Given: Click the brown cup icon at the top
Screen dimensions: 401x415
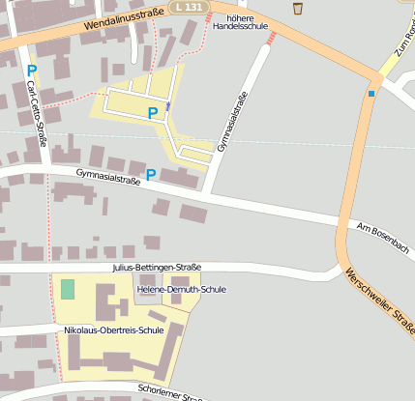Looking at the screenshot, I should click(x=298, y=9).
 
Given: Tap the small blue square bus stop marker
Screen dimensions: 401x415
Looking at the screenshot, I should click(x=371, y=94).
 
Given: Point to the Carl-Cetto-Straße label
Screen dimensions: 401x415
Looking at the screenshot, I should click(x=38, y=112).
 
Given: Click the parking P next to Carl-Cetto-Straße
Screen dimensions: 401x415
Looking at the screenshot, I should click(x=31, y=71).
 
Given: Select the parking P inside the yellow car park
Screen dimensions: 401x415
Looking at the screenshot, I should click(x=153, y=113).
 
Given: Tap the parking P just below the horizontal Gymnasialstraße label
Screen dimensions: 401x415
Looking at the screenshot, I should click(x=150, y=174).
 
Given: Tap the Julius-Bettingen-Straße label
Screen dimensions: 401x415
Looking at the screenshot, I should click(x=157, y=267).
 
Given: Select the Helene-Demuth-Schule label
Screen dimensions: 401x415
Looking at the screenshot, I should click(x=182, y=289).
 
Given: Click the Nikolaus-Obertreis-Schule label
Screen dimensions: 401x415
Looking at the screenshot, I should click(x=113, y=329).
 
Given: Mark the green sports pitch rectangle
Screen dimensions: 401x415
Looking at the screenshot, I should click(x=67, y=288).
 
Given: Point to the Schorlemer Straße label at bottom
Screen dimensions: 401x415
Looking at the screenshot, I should click(x=170, y=392).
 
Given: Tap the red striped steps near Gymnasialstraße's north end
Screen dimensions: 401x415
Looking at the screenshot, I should click(x=272, y=37).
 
